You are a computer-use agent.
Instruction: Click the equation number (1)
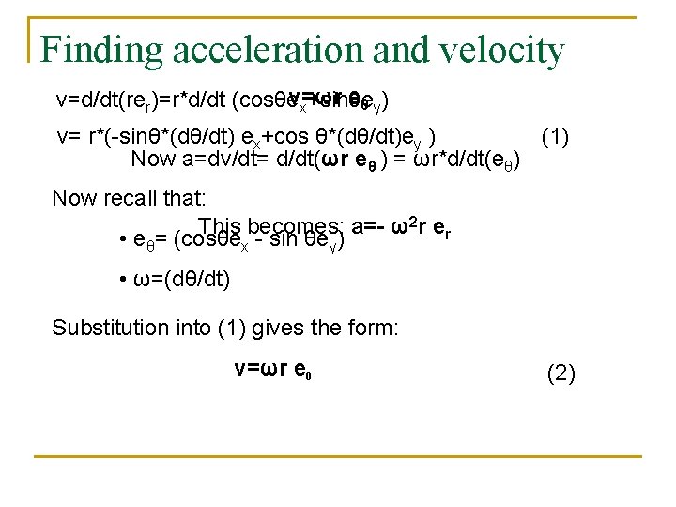pos(555,138)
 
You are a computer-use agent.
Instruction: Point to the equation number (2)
pos(561,375)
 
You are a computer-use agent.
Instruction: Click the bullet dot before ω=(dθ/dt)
pos(124,280)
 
